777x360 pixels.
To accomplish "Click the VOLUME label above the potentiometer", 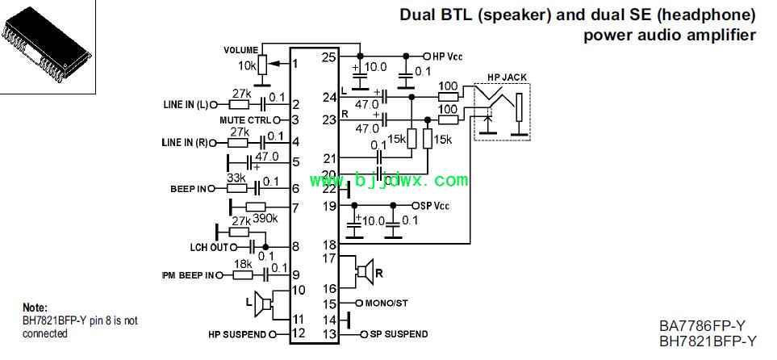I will (241, 50).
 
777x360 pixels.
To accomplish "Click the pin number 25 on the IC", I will (328, 57).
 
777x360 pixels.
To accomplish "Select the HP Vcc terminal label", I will (449, 56).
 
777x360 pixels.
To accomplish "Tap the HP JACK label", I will (507, 77).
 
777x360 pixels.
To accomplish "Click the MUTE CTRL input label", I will (245, 120).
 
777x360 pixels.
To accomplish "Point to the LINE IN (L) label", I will (185, 104).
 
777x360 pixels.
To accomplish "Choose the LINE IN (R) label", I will (185, 143).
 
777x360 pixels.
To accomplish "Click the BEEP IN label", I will (188, 189).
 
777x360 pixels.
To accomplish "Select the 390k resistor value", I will (265, 218).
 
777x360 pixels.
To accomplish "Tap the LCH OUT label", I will (208, 247).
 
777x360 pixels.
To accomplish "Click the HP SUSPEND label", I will (237, 333).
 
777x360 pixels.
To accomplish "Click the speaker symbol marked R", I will (366, 272).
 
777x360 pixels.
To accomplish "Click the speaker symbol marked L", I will (262, 305).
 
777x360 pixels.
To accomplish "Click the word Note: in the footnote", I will (36, 308).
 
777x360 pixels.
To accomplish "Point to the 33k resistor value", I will (236, 178).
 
